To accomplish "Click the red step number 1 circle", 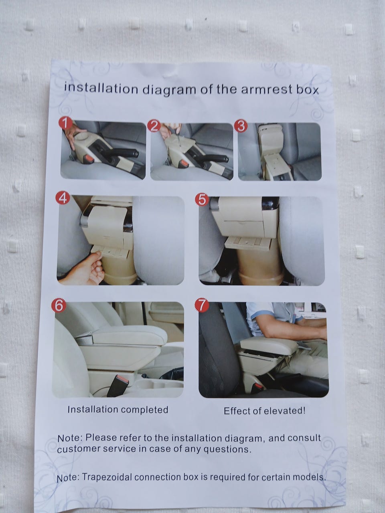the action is (66, 123).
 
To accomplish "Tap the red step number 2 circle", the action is (154, 126).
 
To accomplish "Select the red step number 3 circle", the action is (241, 126).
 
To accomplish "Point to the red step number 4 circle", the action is (63, 198).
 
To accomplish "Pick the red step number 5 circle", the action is (202, 200).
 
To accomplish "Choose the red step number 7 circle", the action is (202, 306).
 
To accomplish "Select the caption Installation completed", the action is (118, 410).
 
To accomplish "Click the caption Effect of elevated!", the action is (264, 411).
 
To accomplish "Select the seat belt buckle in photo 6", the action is (118, 385).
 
